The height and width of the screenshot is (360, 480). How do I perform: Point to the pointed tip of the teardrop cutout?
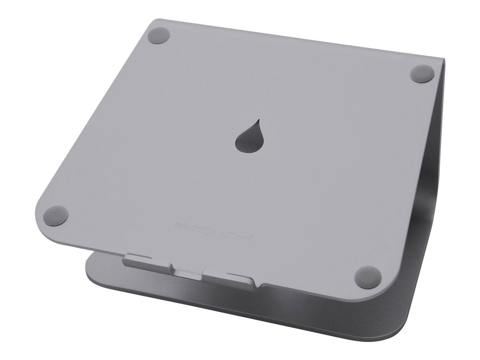coord(258,120)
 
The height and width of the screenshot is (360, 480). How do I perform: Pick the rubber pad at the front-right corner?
coord(367,276)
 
